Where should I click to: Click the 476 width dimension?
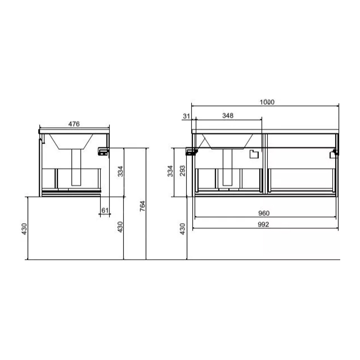pos(74,124)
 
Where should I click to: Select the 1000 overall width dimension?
pos(267,102)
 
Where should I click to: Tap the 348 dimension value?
pos(228,116)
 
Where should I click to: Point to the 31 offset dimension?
pos(186,116)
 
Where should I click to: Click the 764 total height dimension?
pos(143,206)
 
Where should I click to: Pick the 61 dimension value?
pos(105,210)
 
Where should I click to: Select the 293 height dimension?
pos(183,171)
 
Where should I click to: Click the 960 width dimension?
pos(264,213)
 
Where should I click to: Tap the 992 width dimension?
pos(263,224)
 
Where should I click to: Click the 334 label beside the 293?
pos(170,171)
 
